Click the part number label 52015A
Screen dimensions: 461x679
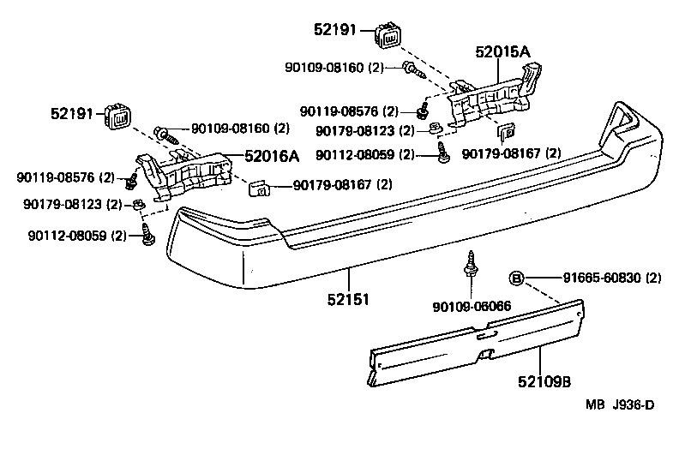point(503,51)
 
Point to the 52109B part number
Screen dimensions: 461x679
point(542,379)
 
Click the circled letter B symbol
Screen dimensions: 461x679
point(517,277)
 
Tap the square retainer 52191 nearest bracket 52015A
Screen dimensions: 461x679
point(388,37)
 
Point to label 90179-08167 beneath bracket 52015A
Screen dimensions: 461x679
point(511,154)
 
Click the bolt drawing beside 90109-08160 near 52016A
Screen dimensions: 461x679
point(165,133)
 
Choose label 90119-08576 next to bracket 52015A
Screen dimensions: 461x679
point(350,111)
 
